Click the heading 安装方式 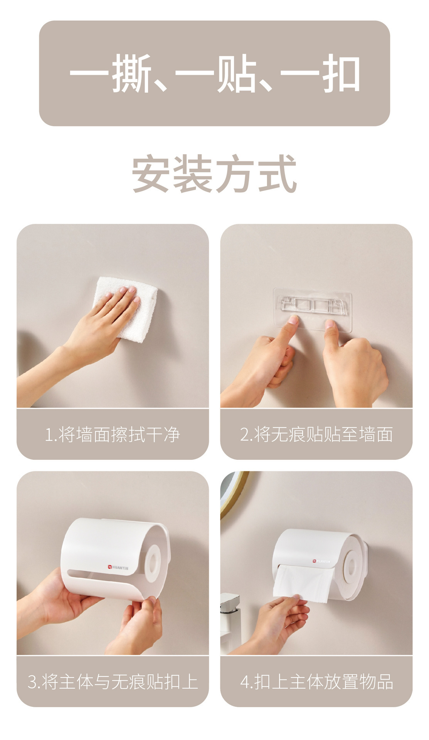click(x=214, y=173)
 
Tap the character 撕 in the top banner click(x=131, y=73)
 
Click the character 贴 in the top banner click(x=236, y=73)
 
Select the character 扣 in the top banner click(x=341, y=73)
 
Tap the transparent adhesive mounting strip click(x=313, y=309)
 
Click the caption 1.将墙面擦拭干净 click(x=113, y=434)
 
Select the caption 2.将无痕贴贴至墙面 click(x=316, y=434)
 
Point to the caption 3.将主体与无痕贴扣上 click(x=113, y=681)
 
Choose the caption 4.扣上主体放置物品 click(x=316, y=681)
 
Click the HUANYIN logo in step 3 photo click(x=118, y=567)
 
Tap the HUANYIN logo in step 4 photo click(x=321, y=561)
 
